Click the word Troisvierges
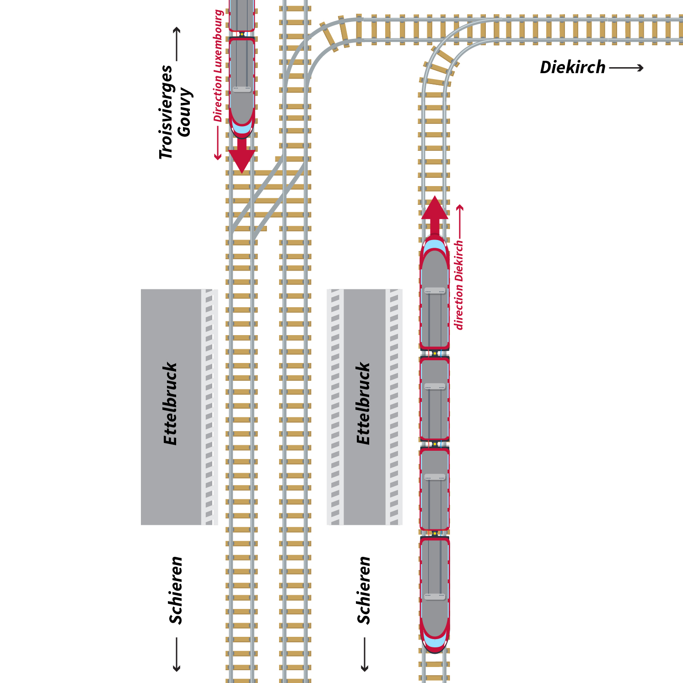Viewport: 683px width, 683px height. pos(166,112)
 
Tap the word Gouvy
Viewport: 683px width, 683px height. pos(185,112)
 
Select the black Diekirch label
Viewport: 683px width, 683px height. pos(572,68)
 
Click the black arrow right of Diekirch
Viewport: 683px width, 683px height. pos(626,68)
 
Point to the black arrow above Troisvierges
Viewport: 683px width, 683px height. pos(177,44)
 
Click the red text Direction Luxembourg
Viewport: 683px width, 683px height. pos(218,66)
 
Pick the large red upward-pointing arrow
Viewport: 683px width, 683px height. pos(435,213)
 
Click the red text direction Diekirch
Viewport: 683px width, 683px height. pos(459,284)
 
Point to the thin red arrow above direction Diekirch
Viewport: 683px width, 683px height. pos(460,222)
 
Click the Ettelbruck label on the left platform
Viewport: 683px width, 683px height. pos(170,404)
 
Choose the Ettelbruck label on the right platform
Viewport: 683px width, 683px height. pos(363,404)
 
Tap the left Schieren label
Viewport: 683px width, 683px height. pos(176,590)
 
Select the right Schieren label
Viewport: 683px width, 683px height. pos(364,590)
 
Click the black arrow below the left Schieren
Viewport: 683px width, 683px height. pos(177,655)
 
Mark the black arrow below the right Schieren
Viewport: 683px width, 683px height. pos(365,655)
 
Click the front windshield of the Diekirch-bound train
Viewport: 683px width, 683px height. pos(435,247)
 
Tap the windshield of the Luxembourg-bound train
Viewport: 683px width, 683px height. pos(242,128)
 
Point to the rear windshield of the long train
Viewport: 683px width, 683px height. pos(435,640)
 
